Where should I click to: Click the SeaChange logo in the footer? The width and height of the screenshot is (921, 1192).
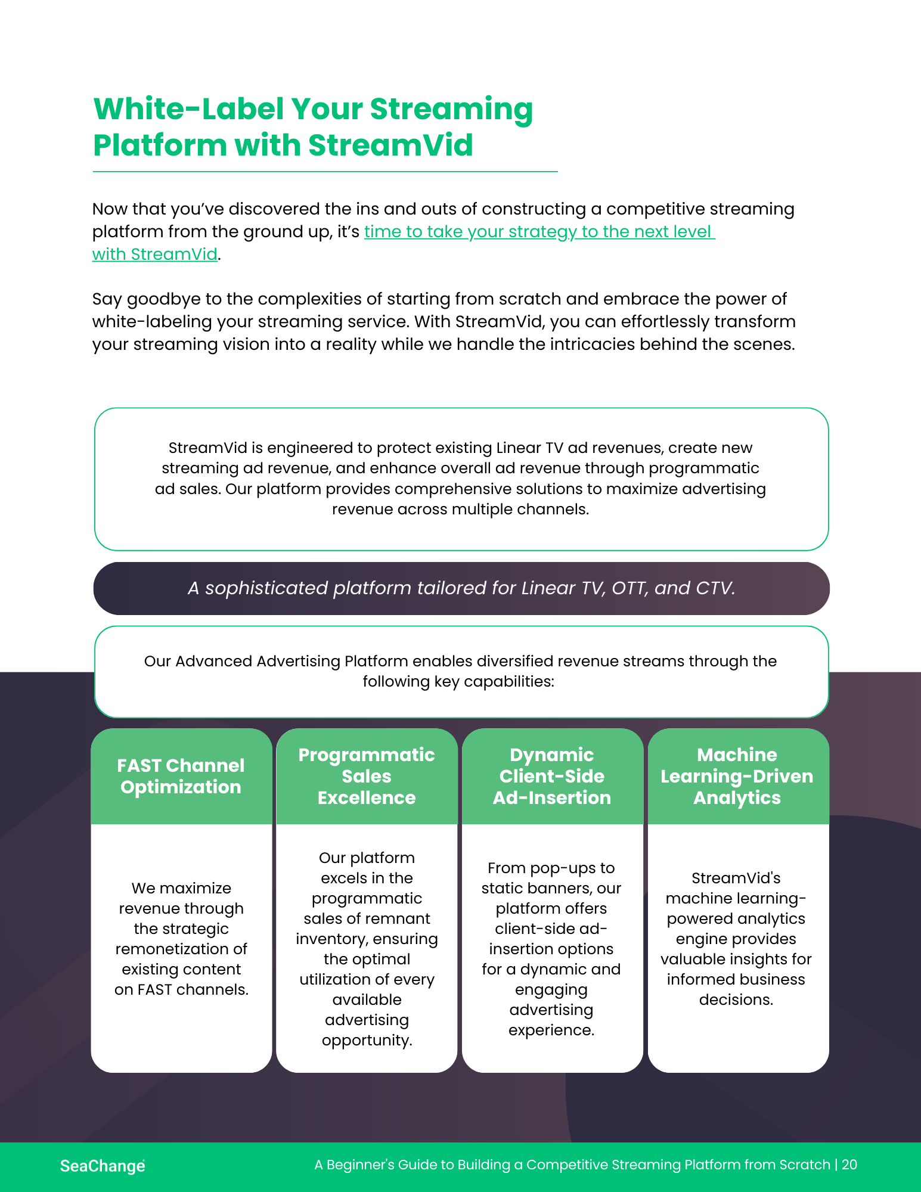pos(103,1166)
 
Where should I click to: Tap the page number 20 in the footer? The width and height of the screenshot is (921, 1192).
pos(849,1165)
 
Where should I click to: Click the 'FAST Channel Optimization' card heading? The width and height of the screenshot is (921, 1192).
pos(181,776)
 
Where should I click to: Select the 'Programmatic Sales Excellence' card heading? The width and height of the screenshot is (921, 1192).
pos(367,776)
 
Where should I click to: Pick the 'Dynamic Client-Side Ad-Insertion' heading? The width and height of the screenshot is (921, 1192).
pos(552,776)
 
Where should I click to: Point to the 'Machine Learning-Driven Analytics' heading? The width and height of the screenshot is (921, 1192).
pos(737,776)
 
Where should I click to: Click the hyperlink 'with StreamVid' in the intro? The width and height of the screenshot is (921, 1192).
pos(154,254)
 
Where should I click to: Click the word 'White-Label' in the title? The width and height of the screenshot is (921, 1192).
pos(188,109)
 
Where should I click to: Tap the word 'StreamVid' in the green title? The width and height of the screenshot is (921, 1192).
pos(390,145)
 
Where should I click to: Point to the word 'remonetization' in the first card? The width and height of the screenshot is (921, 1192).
pos(181,949)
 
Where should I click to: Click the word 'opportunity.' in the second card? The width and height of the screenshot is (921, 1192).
pos(367,1041)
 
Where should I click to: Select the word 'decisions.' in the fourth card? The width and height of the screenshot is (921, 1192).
pos(736,999)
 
